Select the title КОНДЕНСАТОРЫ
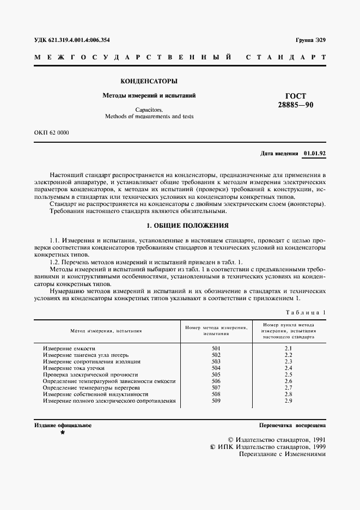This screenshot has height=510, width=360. coord(149,81)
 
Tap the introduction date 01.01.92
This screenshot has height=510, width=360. coord(314,153)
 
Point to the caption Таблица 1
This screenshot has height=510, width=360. coord(305,312)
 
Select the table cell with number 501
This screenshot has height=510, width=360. coord(216,348)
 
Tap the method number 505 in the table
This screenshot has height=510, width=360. coord(216,374)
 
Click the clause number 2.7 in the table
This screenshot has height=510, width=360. coord(289,387)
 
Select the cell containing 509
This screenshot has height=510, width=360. coord(216,400)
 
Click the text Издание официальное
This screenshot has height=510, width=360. coord(63,425)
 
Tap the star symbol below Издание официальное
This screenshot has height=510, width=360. coord(63,433)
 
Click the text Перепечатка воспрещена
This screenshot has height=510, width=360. coord(292,425)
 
